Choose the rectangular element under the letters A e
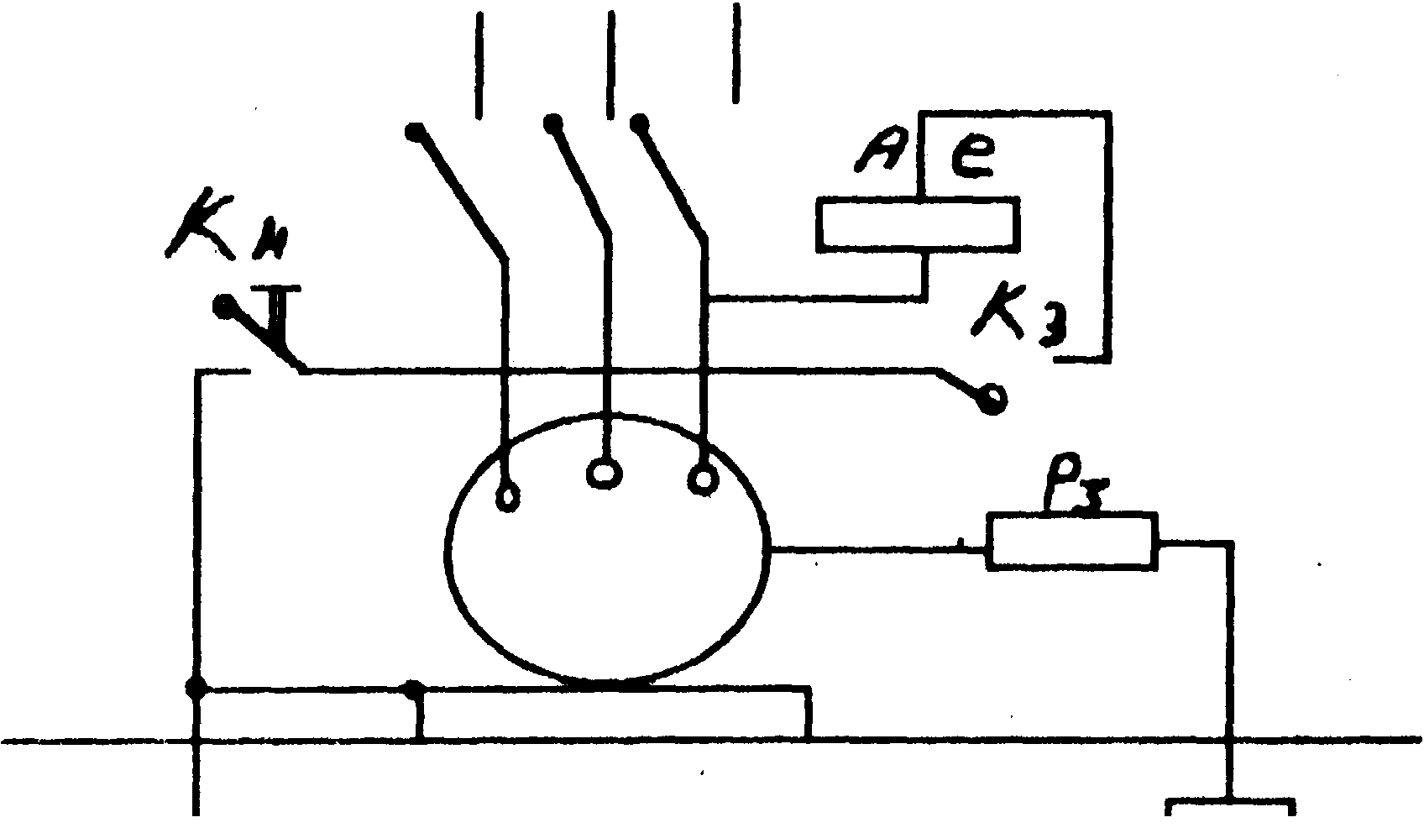point(919,224)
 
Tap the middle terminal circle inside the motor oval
point(603,473)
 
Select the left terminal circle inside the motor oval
point(507,499)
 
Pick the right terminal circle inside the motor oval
point(703,479)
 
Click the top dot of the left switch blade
point(415,132)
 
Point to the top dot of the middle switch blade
point(552,124)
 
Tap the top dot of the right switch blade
point(641,124)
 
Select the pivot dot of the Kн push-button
point(223,306)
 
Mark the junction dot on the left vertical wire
point(196,689)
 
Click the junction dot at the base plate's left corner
point(415,689)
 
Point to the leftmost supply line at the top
point(479,63)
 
